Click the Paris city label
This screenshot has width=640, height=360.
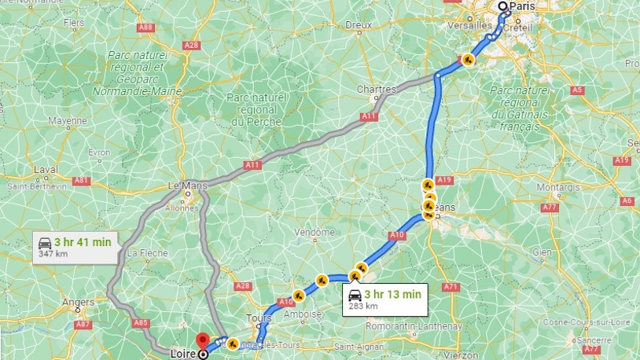[x=522, y=7]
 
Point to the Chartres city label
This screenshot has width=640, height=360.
[x=376, y=90]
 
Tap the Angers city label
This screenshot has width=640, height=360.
[x=79, y=302]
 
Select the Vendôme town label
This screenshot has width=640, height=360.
[x=314, y=233]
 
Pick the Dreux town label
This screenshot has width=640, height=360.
[x=358, y=25]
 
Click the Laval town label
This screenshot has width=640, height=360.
[x=46, y=170]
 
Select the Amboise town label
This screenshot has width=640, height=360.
[x=307, y=314]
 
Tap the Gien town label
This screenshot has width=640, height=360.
[x=543, y=252]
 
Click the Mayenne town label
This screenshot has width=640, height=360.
[x=67, y=121]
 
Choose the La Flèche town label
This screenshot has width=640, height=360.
[x=144, y=253]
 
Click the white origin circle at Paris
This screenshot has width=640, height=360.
[x=504, y=6]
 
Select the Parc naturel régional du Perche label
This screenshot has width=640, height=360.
[x=256, y=109]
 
